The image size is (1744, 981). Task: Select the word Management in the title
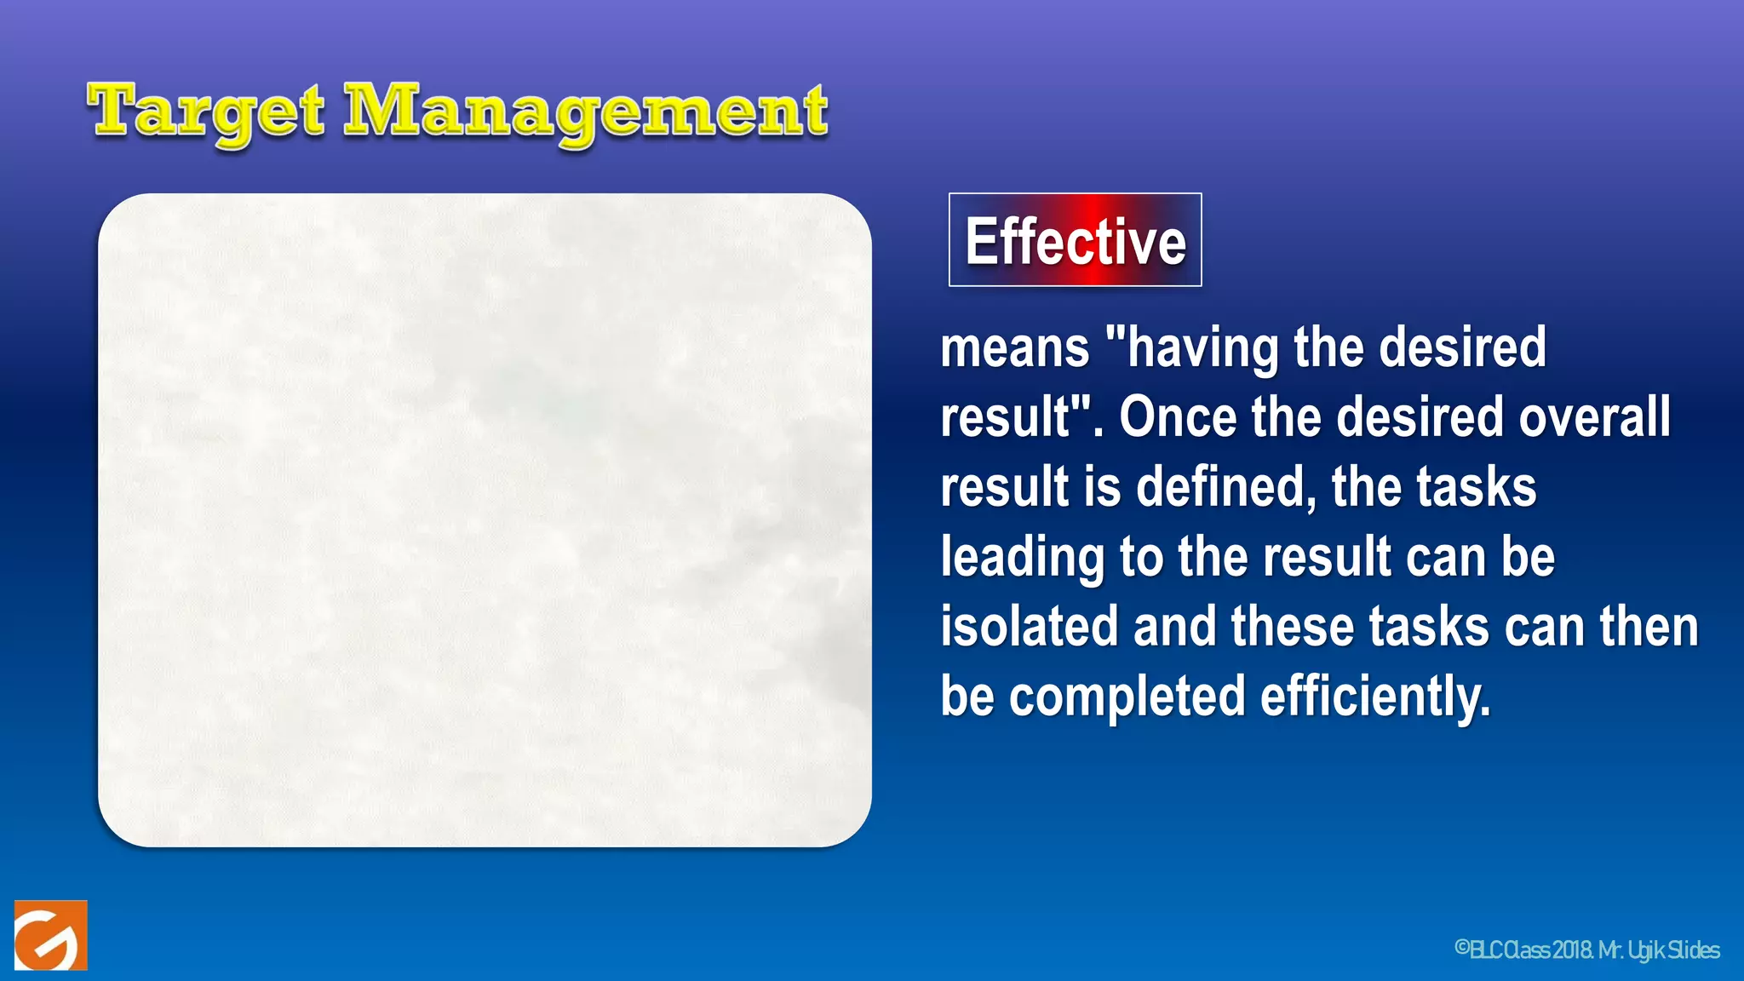pyautogui.click(x=585, y=112)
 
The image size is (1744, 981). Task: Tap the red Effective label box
pyautogui.click(x=1075, y=240)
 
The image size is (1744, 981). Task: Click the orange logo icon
pyautogui.click(x=50, y=935)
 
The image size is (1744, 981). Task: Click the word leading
pyautogui.click(x=1022, y=557)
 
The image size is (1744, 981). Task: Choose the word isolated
pyautogui.click(x=1029, y=627)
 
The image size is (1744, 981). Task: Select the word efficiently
pyautogui.click(x=1375, y=697)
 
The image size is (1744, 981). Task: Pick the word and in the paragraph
pyautogui.click(x=1174, y=627)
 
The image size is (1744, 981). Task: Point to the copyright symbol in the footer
pyautogui.click(x=1462, y=949)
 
